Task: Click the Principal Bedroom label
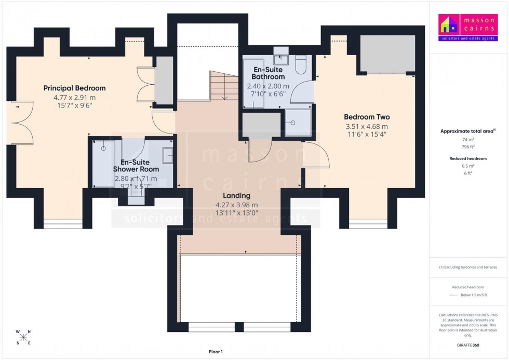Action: point(74,88)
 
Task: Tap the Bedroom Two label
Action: point(367,117)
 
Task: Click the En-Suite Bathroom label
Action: point(268,73)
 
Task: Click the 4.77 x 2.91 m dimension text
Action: point(74,97)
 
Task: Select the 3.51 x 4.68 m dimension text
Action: point(367,126)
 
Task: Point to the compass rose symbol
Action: point(23,337)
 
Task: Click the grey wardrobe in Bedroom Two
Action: point(387,54)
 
